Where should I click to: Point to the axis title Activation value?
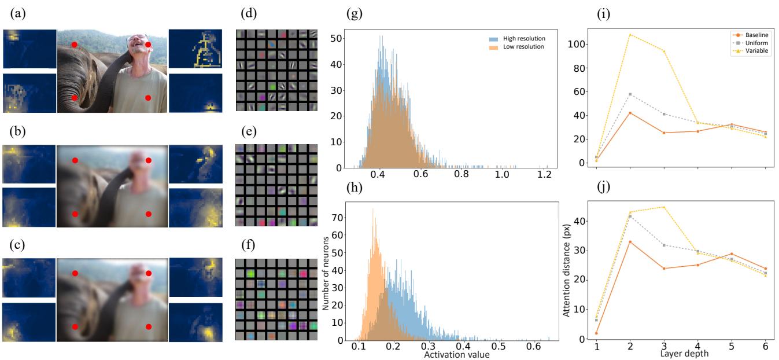point(457,354)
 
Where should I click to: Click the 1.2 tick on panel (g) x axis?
point(544,175)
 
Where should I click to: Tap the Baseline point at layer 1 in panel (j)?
point(596,333)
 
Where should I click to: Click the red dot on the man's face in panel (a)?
point(148,45)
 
